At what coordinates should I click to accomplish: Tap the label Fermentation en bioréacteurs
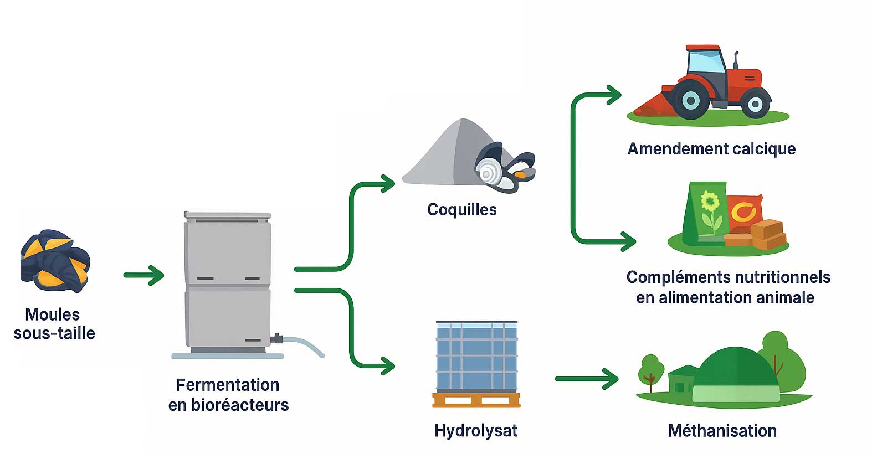coord(228,395)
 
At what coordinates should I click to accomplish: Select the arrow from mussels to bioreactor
coord(144,275)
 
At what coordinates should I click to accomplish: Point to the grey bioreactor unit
coord(228,282)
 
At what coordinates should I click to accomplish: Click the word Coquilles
coord(461,210)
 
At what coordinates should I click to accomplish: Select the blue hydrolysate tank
coord(476,357)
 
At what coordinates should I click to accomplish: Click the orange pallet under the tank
coord(476,400)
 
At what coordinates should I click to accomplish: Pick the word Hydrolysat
coord(475,431)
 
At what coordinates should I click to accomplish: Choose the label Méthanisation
coord(722,431)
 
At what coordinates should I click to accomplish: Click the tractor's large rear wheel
coord(690,100)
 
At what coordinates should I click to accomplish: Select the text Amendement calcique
coord(711,149)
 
